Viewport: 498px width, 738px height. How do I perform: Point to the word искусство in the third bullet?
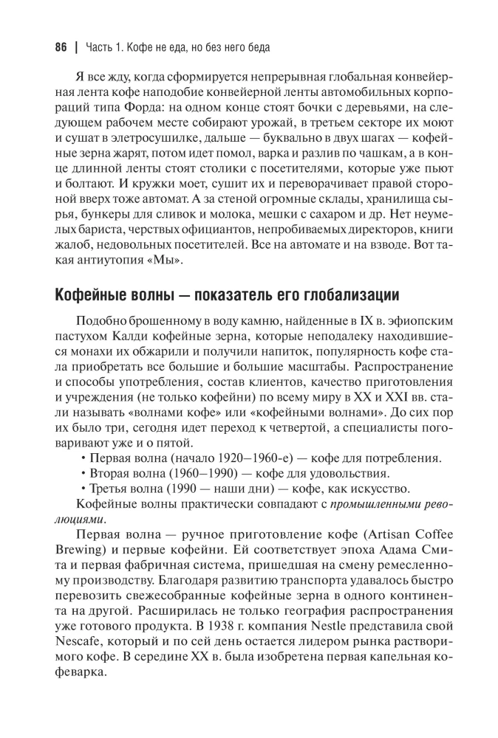(404, 489)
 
